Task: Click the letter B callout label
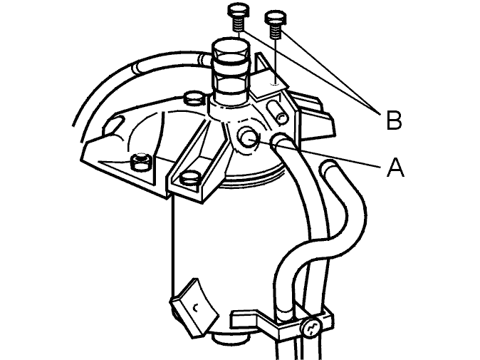click(394, 120)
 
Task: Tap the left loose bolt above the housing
click(238, 17)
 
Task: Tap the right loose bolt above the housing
click(276, 24)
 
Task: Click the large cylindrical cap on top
click(231, 71)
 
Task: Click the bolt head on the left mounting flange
click(141, 162)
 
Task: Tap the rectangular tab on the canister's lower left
click(194, 307)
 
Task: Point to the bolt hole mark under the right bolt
click(276, 83)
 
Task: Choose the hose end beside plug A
click(279, 140)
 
